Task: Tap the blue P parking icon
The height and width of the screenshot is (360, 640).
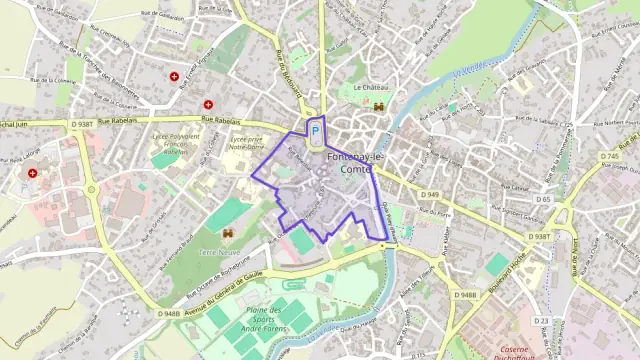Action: [x=316, y=131]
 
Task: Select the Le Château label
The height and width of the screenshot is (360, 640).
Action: [x=370, y=87]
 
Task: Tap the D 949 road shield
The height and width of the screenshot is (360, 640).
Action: [x=430, y=194]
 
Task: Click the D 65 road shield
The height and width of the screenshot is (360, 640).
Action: [x=543, y=199]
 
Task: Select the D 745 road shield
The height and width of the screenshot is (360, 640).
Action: [x=610, y=157]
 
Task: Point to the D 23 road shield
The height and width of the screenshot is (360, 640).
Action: [x=541, y=320]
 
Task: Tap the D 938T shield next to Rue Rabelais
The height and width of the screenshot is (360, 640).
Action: [x=83, y=124]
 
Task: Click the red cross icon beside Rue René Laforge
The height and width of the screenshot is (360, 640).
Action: [x=33, y=173]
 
